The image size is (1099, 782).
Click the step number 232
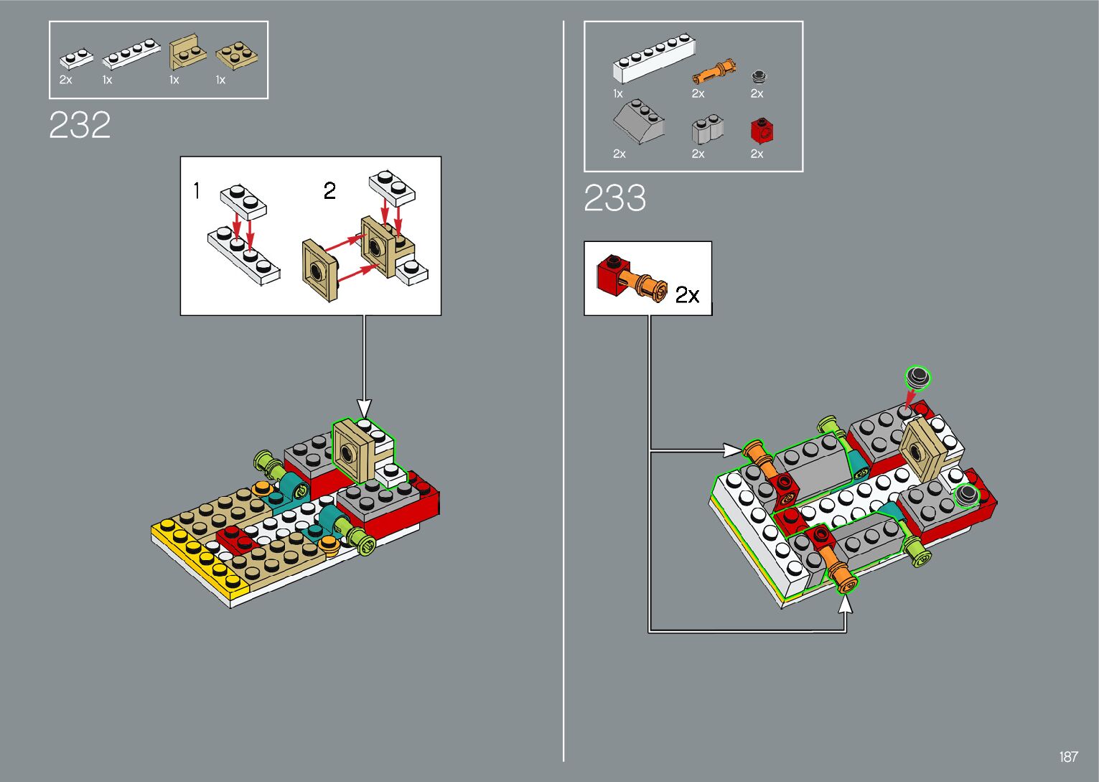coord(80,125)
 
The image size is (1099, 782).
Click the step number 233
coord(614,198)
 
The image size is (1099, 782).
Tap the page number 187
coord(1068,757)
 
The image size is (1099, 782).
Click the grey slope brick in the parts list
coord(638,122)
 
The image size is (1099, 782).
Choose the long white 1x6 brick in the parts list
coord(653,57)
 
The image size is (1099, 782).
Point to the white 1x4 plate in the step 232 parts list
coord(131,55)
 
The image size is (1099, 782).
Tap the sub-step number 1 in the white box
coord(197,191)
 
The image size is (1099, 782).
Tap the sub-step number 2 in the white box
coord(329,191)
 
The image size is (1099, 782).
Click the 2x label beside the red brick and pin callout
coord(687,295)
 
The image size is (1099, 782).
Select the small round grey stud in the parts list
coord(758,75)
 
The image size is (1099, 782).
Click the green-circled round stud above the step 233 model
coord(917,376)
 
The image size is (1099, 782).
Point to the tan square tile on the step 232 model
coord(352,451)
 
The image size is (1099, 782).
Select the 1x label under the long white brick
coord(618,94)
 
